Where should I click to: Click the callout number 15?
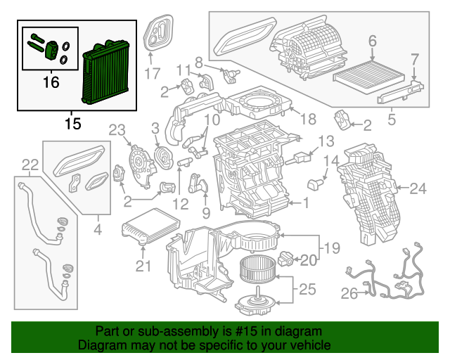pos(72,124)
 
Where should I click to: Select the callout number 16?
pos(51,83)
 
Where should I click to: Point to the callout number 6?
pos(372,41)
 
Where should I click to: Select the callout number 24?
pos(418,188)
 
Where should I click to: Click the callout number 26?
pos(349,294)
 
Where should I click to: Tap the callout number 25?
pos(307,288)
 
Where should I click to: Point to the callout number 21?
pos(143,265)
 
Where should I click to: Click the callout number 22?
pos(30,165)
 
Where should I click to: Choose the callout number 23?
pos(116,129)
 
